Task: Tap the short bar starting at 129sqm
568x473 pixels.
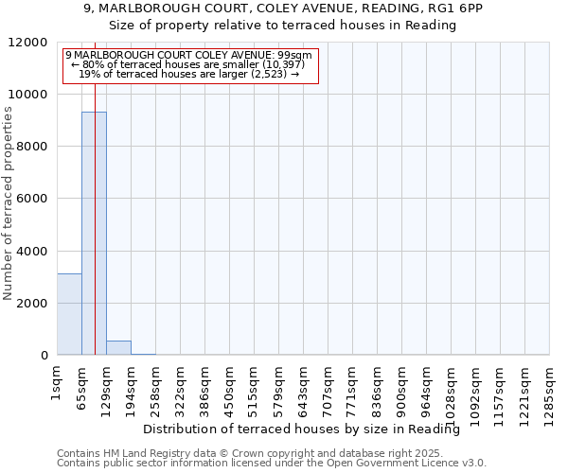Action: click(118, 347)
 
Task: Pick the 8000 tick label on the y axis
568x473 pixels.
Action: click(31, 147)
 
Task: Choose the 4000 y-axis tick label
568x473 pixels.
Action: click(31, 252)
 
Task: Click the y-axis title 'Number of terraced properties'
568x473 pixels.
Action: click(9, 203)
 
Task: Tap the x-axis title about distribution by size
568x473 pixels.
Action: click(308, 429)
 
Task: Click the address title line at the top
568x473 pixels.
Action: click(283, 9)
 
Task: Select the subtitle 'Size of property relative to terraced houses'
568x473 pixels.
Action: click(283, 26)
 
